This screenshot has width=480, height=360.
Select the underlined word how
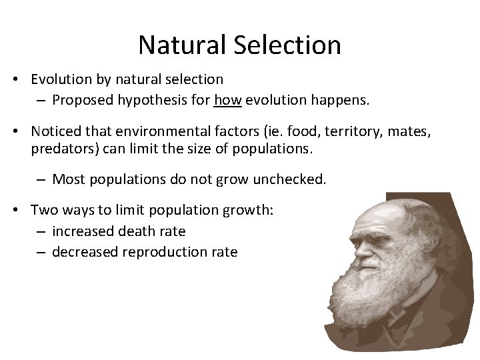227,101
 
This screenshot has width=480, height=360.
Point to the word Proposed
83,101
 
